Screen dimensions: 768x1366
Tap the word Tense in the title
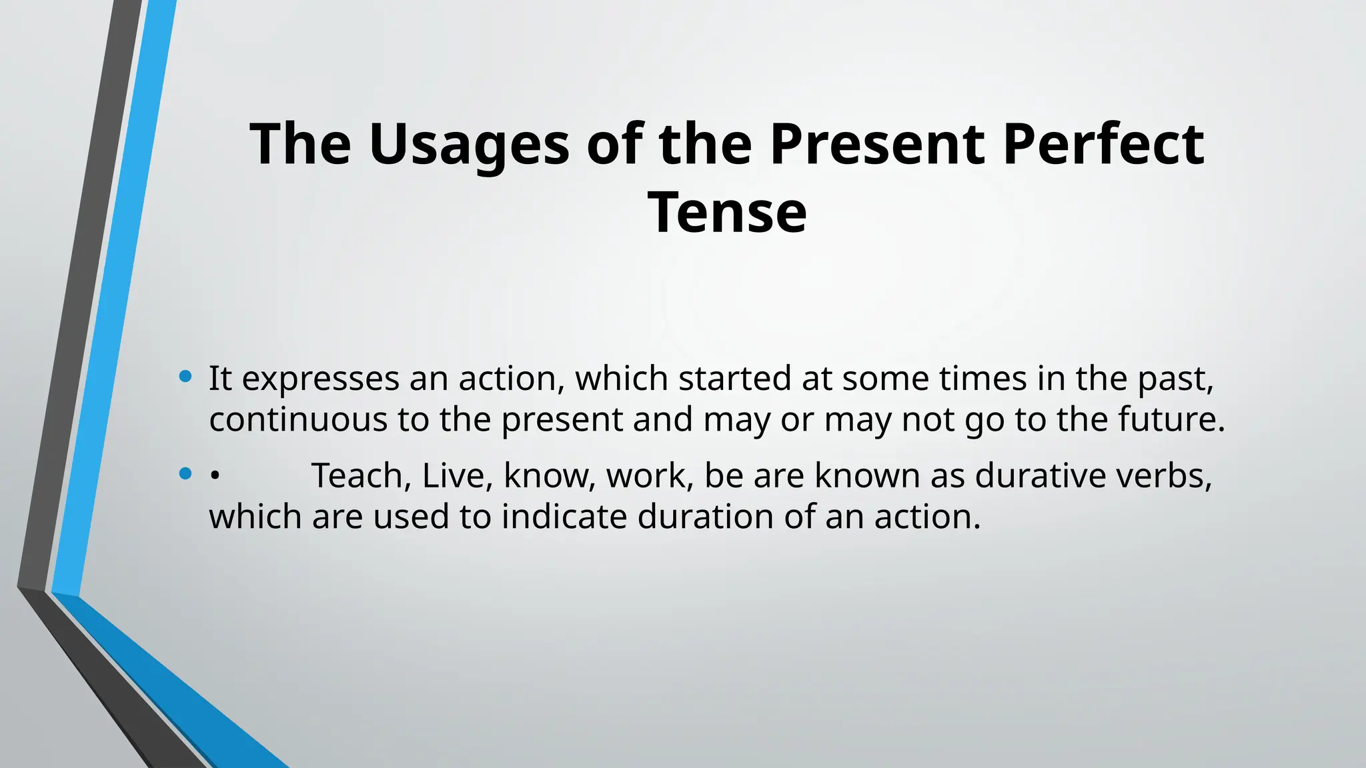point(727,213)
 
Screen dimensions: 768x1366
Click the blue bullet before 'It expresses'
point(185,377)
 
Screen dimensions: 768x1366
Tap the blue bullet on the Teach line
point(185,474)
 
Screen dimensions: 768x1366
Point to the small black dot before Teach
point(214,476)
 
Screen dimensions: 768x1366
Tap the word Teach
point(361,476)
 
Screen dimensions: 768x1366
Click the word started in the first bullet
point(734,379)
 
